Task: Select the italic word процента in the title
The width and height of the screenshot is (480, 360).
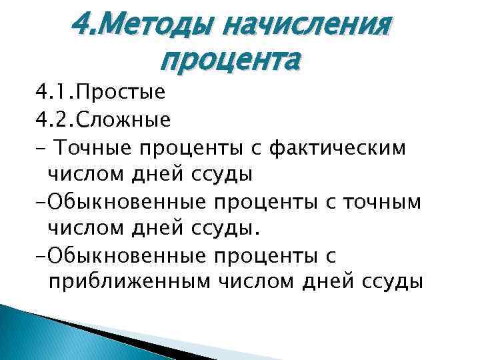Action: point(231,63)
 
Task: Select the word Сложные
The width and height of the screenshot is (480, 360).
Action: point(124,119)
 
